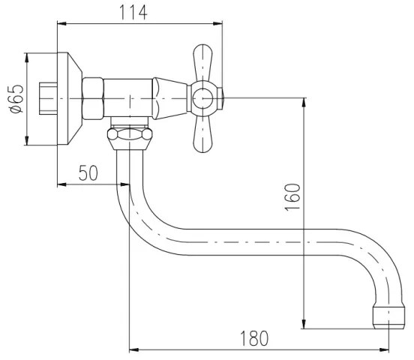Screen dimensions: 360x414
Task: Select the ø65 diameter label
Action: coord(16,98)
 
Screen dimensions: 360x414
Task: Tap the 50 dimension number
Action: coord(88,172)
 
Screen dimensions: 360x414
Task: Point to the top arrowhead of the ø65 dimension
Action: coord(26,56)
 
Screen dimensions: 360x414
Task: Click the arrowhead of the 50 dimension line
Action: coord(126,184)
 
